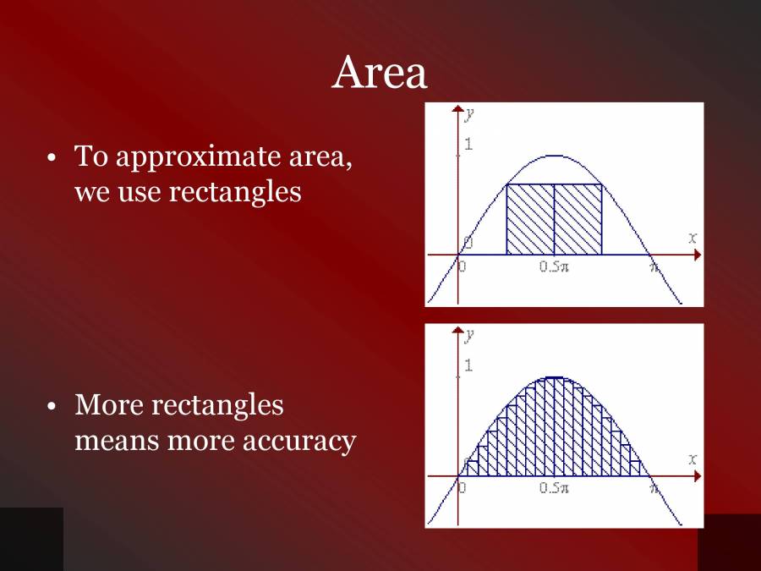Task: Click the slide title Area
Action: coord(380,73)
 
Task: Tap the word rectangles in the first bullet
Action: coord(235,191)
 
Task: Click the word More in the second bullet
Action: coord(109,405)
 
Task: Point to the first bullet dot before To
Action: coord(52,158)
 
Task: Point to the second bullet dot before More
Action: coord(52,407)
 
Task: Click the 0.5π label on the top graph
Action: coord(554,267)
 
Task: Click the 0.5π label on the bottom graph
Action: coord(554,489)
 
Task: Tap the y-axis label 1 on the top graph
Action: coord(468,145)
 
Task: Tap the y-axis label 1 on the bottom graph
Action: coord(468,366)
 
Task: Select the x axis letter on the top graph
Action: coord(693,239)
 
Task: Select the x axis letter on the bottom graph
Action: coord(693,459)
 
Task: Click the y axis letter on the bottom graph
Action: coord(468,336)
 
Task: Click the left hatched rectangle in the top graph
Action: coord(529,220)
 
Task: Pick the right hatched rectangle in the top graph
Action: coord(578,220)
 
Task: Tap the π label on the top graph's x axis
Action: coord(653,267)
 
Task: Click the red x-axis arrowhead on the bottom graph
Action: coord(697,476)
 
